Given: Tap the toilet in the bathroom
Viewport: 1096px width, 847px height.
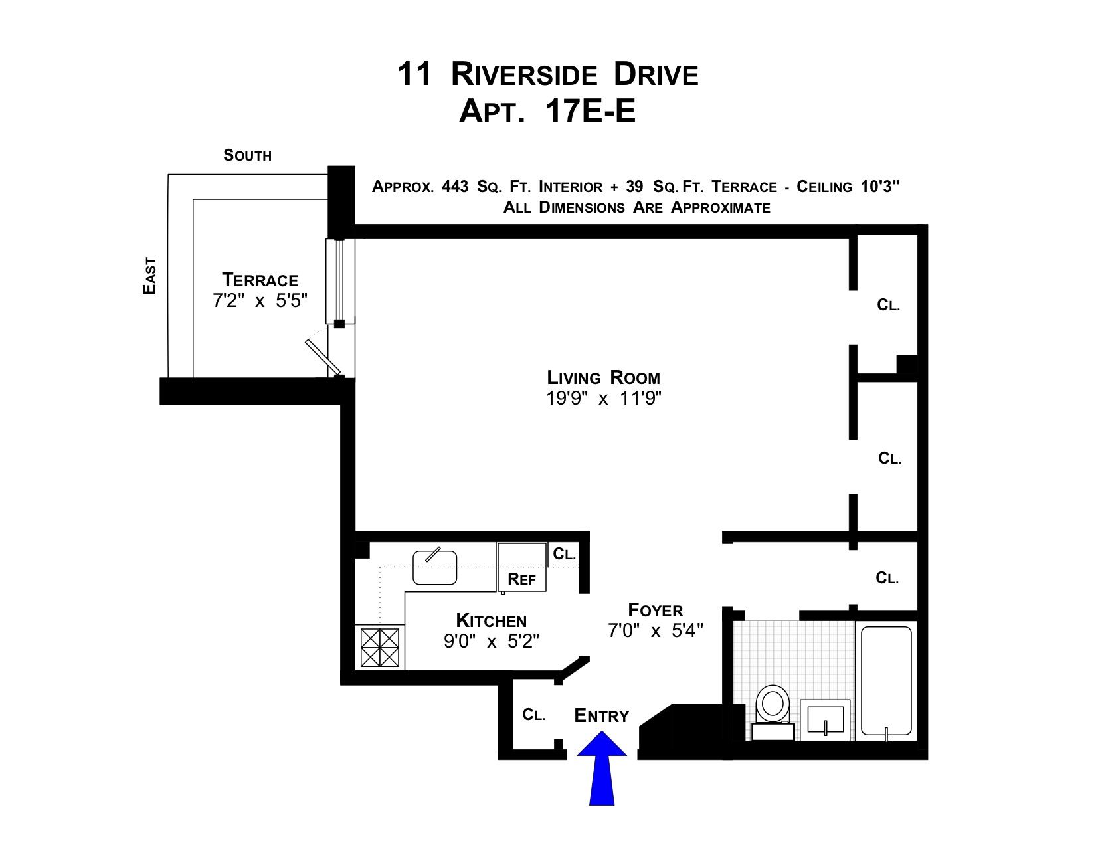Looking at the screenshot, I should (773, 706).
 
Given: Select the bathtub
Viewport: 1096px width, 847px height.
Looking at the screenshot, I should (886, 680).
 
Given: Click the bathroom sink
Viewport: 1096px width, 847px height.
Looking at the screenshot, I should (825, 719).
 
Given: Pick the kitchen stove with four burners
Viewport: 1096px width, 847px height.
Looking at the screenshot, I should (380, 647).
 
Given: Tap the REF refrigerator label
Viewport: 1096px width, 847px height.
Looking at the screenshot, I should (521, 579).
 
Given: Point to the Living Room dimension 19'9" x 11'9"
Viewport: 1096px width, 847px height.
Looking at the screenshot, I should (603, 399).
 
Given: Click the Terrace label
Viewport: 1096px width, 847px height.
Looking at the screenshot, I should (260, 280).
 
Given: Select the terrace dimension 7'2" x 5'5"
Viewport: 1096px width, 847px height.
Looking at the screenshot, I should (260, 301).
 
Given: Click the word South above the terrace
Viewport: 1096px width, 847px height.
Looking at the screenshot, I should (247, 155).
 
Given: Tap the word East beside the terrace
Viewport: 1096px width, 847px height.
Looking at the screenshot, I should (150, 276).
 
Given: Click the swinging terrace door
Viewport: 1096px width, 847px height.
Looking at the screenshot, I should (323, 357).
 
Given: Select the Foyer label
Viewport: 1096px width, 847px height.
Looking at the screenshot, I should (655, 610).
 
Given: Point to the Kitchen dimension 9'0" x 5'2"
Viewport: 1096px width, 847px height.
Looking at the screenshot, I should (491, 642).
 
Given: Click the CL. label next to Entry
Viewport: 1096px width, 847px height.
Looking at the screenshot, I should (533, 715).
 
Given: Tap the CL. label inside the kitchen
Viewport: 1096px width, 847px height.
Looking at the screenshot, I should (564, 554).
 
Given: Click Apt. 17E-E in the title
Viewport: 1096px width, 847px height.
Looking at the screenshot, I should (547, 112).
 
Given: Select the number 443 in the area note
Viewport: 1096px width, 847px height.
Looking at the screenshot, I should (455, 187).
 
